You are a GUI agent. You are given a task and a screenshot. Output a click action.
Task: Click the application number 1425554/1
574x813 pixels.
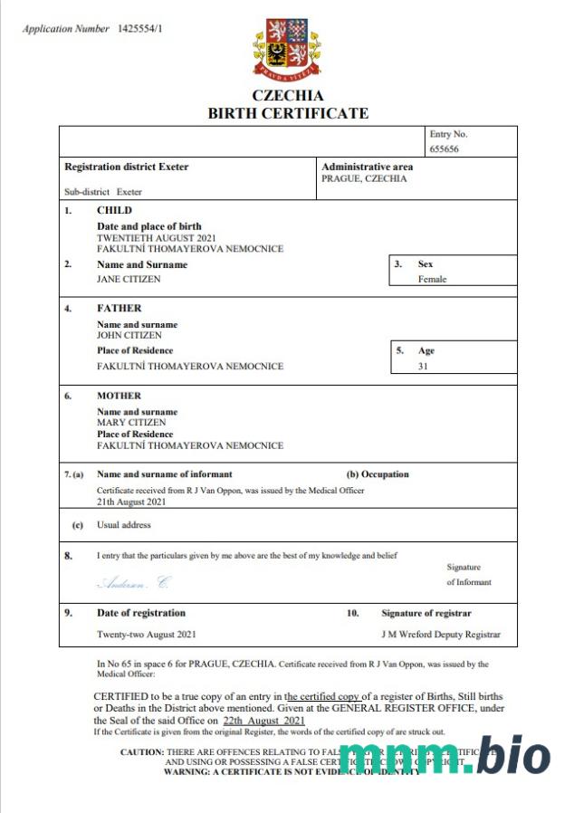140,29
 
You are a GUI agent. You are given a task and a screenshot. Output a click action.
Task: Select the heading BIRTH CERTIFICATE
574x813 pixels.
288,113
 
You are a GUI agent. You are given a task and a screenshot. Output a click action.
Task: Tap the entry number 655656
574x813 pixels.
445,148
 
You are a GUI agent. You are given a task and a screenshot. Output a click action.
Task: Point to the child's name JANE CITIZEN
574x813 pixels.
129,280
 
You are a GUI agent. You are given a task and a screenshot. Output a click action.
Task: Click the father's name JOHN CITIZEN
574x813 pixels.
129,335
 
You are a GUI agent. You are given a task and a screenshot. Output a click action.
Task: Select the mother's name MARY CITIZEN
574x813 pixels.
130,423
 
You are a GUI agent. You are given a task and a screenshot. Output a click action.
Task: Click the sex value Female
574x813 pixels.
432,280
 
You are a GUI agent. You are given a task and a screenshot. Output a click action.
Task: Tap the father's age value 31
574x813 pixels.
423,367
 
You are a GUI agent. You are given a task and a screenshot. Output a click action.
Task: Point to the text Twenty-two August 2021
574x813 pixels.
146,635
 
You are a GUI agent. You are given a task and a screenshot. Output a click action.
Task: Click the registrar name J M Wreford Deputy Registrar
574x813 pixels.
440,635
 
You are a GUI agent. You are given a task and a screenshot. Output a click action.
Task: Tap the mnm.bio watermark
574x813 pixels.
444,756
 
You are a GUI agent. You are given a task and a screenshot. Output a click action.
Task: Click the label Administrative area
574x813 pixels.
367,167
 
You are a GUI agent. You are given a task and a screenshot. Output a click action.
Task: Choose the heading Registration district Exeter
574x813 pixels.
126,167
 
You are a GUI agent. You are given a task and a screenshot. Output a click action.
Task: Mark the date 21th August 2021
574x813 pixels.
131,501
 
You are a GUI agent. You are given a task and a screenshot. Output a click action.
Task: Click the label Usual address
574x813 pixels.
124,525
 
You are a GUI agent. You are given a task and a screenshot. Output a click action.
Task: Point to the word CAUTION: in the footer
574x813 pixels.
142,752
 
